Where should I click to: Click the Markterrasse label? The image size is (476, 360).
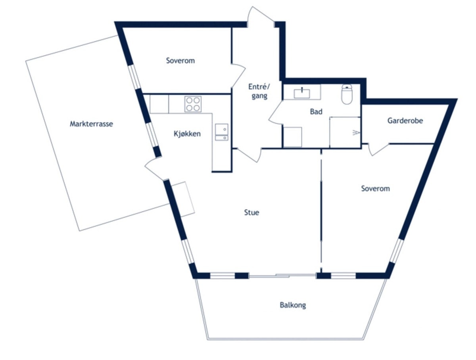coord(91,124)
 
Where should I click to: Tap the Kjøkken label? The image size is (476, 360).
coord(187,134)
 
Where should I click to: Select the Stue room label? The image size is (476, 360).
coord(251,213)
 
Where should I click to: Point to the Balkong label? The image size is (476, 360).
coord(292,305)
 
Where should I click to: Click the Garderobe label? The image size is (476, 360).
coord(405,121)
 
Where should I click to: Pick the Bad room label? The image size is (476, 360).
coord(316,112)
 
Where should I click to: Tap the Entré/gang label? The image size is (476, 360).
coord(259,91)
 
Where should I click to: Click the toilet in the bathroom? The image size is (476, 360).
coord(347,94)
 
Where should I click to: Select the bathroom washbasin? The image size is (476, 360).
coord(301,94)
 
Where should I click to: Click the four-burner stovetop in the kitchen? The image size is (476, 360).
coord(193,104)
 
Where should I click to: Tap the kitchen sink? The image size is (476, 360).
coord(221,132)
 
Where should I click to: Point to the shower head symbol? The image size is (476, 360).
coord(356,132)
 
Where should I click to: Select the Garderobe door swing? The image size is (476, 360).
coord(378,149)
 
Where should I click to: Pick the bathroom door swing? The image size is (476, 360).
coord(276,113)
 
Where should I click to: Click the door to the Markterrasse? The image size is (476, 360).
coord(154,169)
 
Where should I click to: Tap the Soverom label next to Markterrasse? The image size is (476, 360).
coord(180,61)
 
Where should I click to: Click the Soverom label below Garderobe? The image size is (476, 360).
coord(375,189)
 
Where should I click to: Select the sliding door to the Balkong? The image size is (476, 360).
coord(282,276)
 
